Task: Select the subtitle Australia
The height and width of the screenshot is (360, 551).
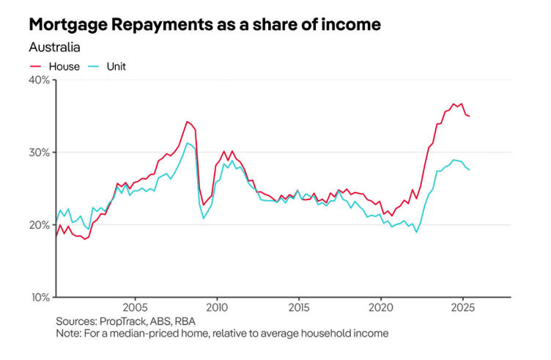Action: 54,48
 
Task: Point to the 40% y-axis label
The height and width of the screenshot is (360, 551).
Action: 39,80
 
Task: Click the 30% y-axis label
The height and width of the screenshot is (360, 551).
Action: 39,153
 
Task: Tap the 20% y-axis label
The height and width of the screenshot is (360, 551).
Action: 39,225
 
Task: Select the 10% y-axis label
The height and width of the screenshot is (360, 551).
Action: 39,297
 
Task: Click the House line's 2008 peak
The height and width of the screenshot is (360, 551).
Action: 188,121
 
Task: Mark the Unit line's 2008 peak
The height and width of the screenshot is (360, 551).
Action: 188,143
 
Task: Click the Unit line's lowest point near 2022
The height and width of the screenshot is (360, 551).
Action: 416,232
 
